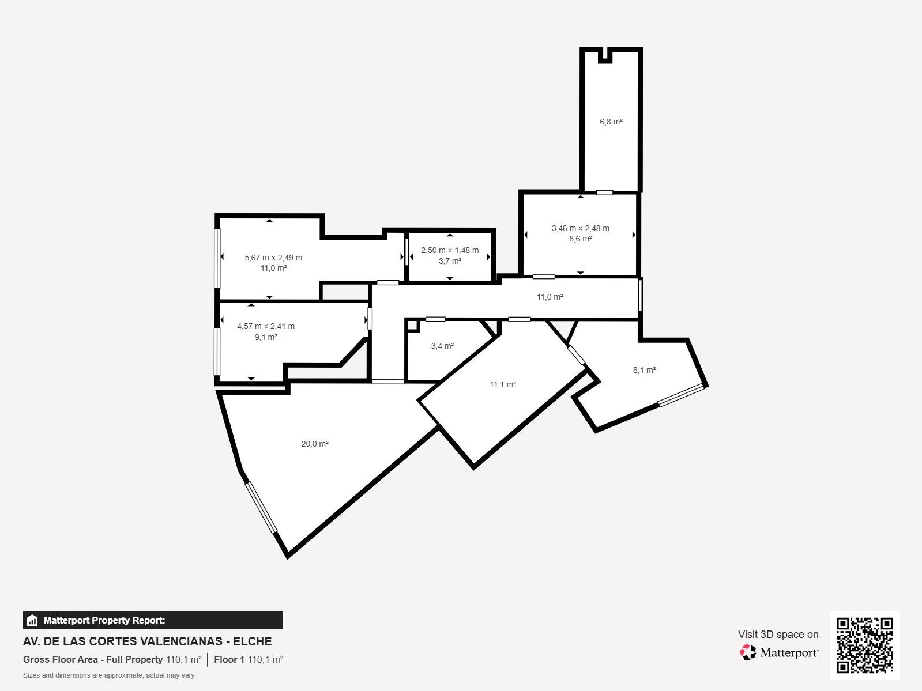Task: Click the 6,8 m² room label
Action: [611, 122]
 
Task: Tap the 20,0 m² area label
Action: [315, 444]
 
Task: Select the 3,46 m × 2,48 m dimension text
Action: [581, 228]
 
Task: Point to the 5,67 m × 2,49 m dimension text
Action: [273, 258]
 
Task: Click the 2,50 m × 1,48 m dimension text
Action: [450, 250]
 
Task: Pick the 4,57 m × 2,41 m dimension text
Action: [266, 326]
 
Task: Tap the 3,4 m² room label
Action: [442, 346]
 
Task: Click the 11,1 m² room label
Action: [503, 384]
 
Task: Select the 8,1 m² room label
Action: [644, 370]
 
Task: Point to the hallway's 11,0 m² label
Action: [550, 297]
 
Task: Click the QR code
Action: [864, 645]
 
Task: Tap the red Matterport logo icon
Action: [748, 652]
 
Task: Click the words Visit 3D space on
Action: [778, 635]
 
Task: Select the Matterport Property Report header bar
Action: [153, 620]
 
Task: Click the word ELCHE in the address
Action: [253, 641]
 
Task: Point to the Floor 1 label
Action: [229, 659]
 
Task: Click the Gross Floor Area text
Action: [61, 659]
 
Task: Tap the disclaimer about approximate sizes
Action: [109, 675]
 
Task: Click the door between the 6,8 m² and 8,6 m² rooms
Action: [604, 192]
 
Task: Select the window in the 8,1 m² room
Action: [681, 395]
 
